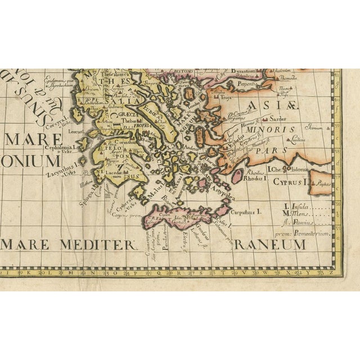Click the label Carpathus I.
247,213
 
